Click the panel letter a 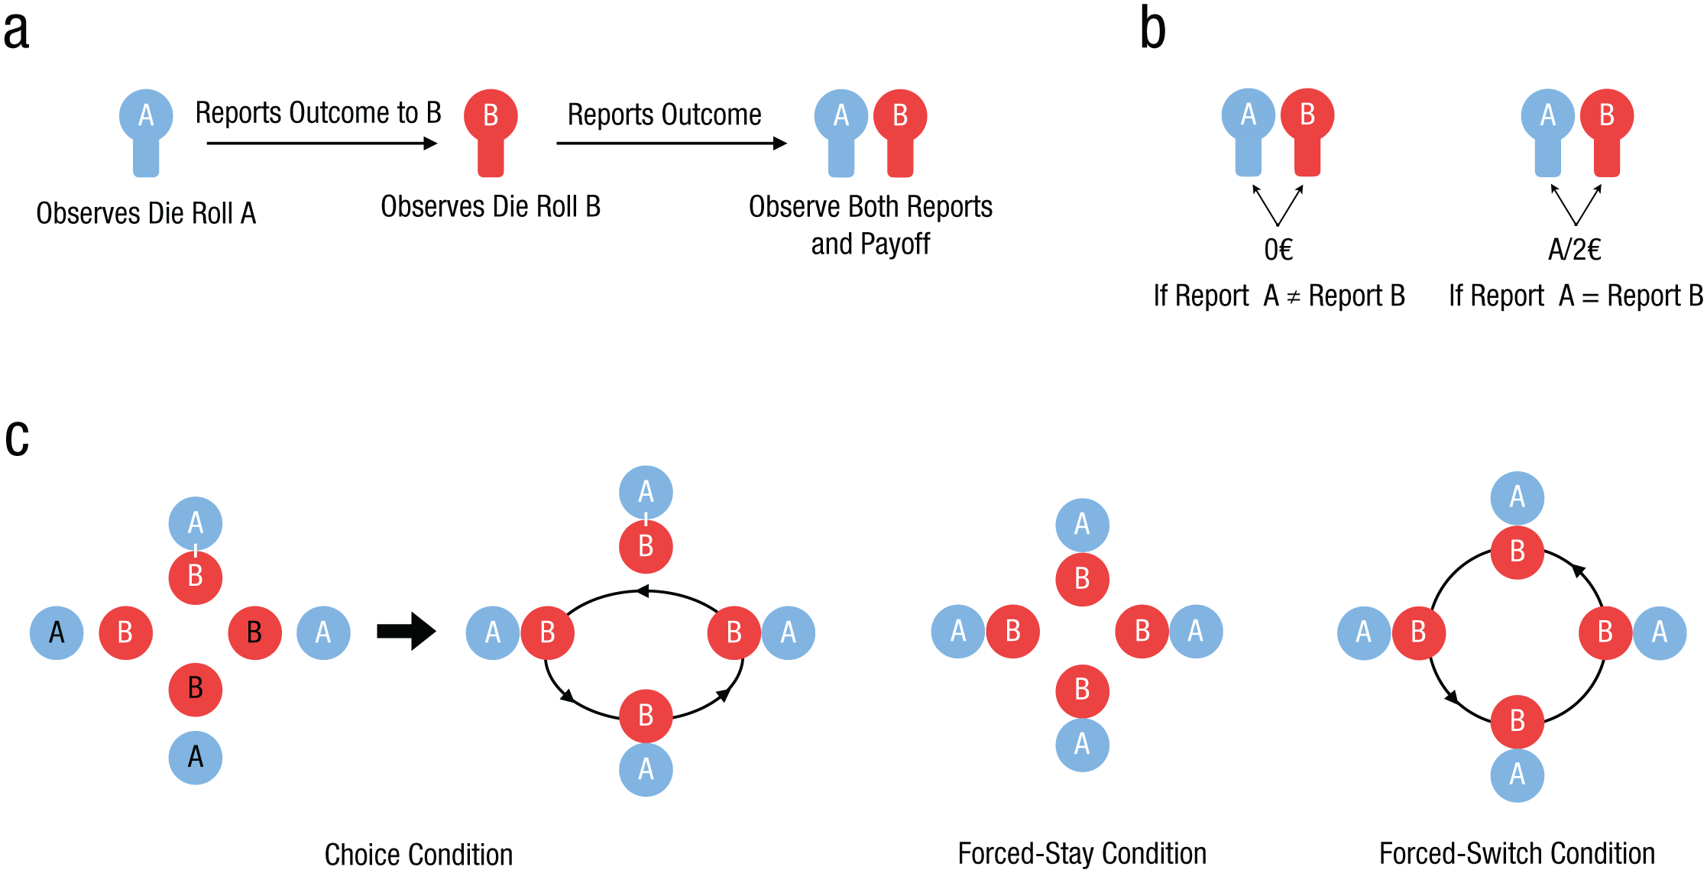(x=16, y=31)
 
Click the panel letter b (x=1153, y=27)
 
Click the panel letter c (x=17, y=438)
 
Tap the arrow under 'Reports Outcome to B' (x=322, y=143)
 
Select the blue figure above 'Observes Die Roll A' (x=146, y=133)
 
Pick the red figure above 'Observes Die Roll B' (x=491, y=133)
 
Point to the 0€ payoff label (x=1278, y=249)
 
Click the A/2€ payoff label (x=1575, y=249)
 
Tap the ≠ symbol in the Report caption (x=1293, y=297)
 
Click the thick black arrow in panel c (x=407, y=631)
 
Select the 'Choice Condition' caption (x=419, y=855)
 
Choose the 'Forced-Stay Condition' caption (x=1082, y=853)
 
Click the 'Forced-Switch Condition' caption (x=1517, y=853)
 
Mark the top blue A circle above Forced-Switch (x=1518, y=498)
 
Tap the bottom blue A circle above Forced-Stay (x=1082, y=745)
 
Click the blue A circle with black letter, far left (x=57, y=632)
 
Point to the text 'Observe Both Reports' (x=870, y=207)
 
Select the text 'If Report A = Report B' (x=1576, y=296)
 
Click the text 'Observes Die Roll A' (x=146, y=213)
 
